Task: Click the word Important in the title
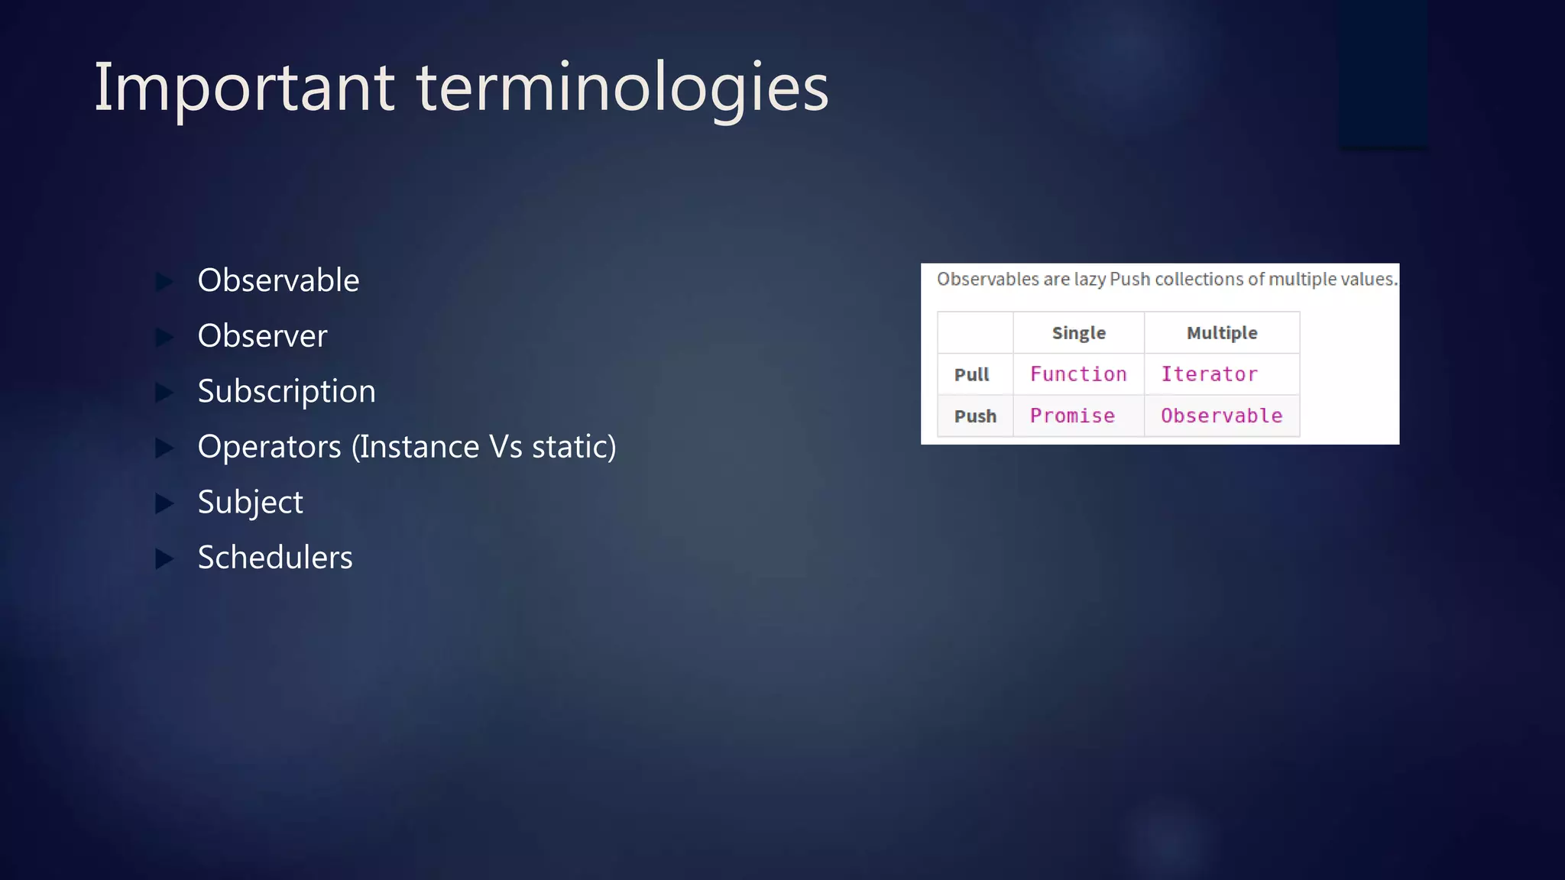tap(244, 89)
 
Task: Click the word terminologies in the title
tap(622, 89)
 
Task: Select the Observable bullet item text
tap(278, 280)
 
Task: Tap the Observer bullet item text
tap(262, 336)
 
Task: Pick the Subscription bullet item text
tap(287, 391)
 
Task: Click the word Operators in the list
tap(269, 447)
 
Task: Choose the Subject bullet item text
tap(250, 503)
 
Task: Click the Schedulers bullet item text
tap(275, 558)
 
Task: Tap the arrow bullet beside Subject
tap(164, 503)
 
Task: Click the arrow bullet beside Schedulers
tap(164, 559)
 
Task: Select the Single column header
tap(1078, 333)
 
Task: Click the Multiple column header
tap(1221, 333)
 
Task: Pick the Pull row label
tap(971, 375)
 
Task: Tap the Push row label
tap(975, 416)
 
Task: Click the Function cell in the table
tap(1078, 374)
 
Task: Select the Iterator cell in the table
tap(1209, 374)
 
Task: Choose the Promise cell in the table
tap(1072, 416)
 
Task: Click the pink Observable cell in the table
tap(1221, 416)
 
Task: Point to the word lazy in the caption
tap(1090, 280)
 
